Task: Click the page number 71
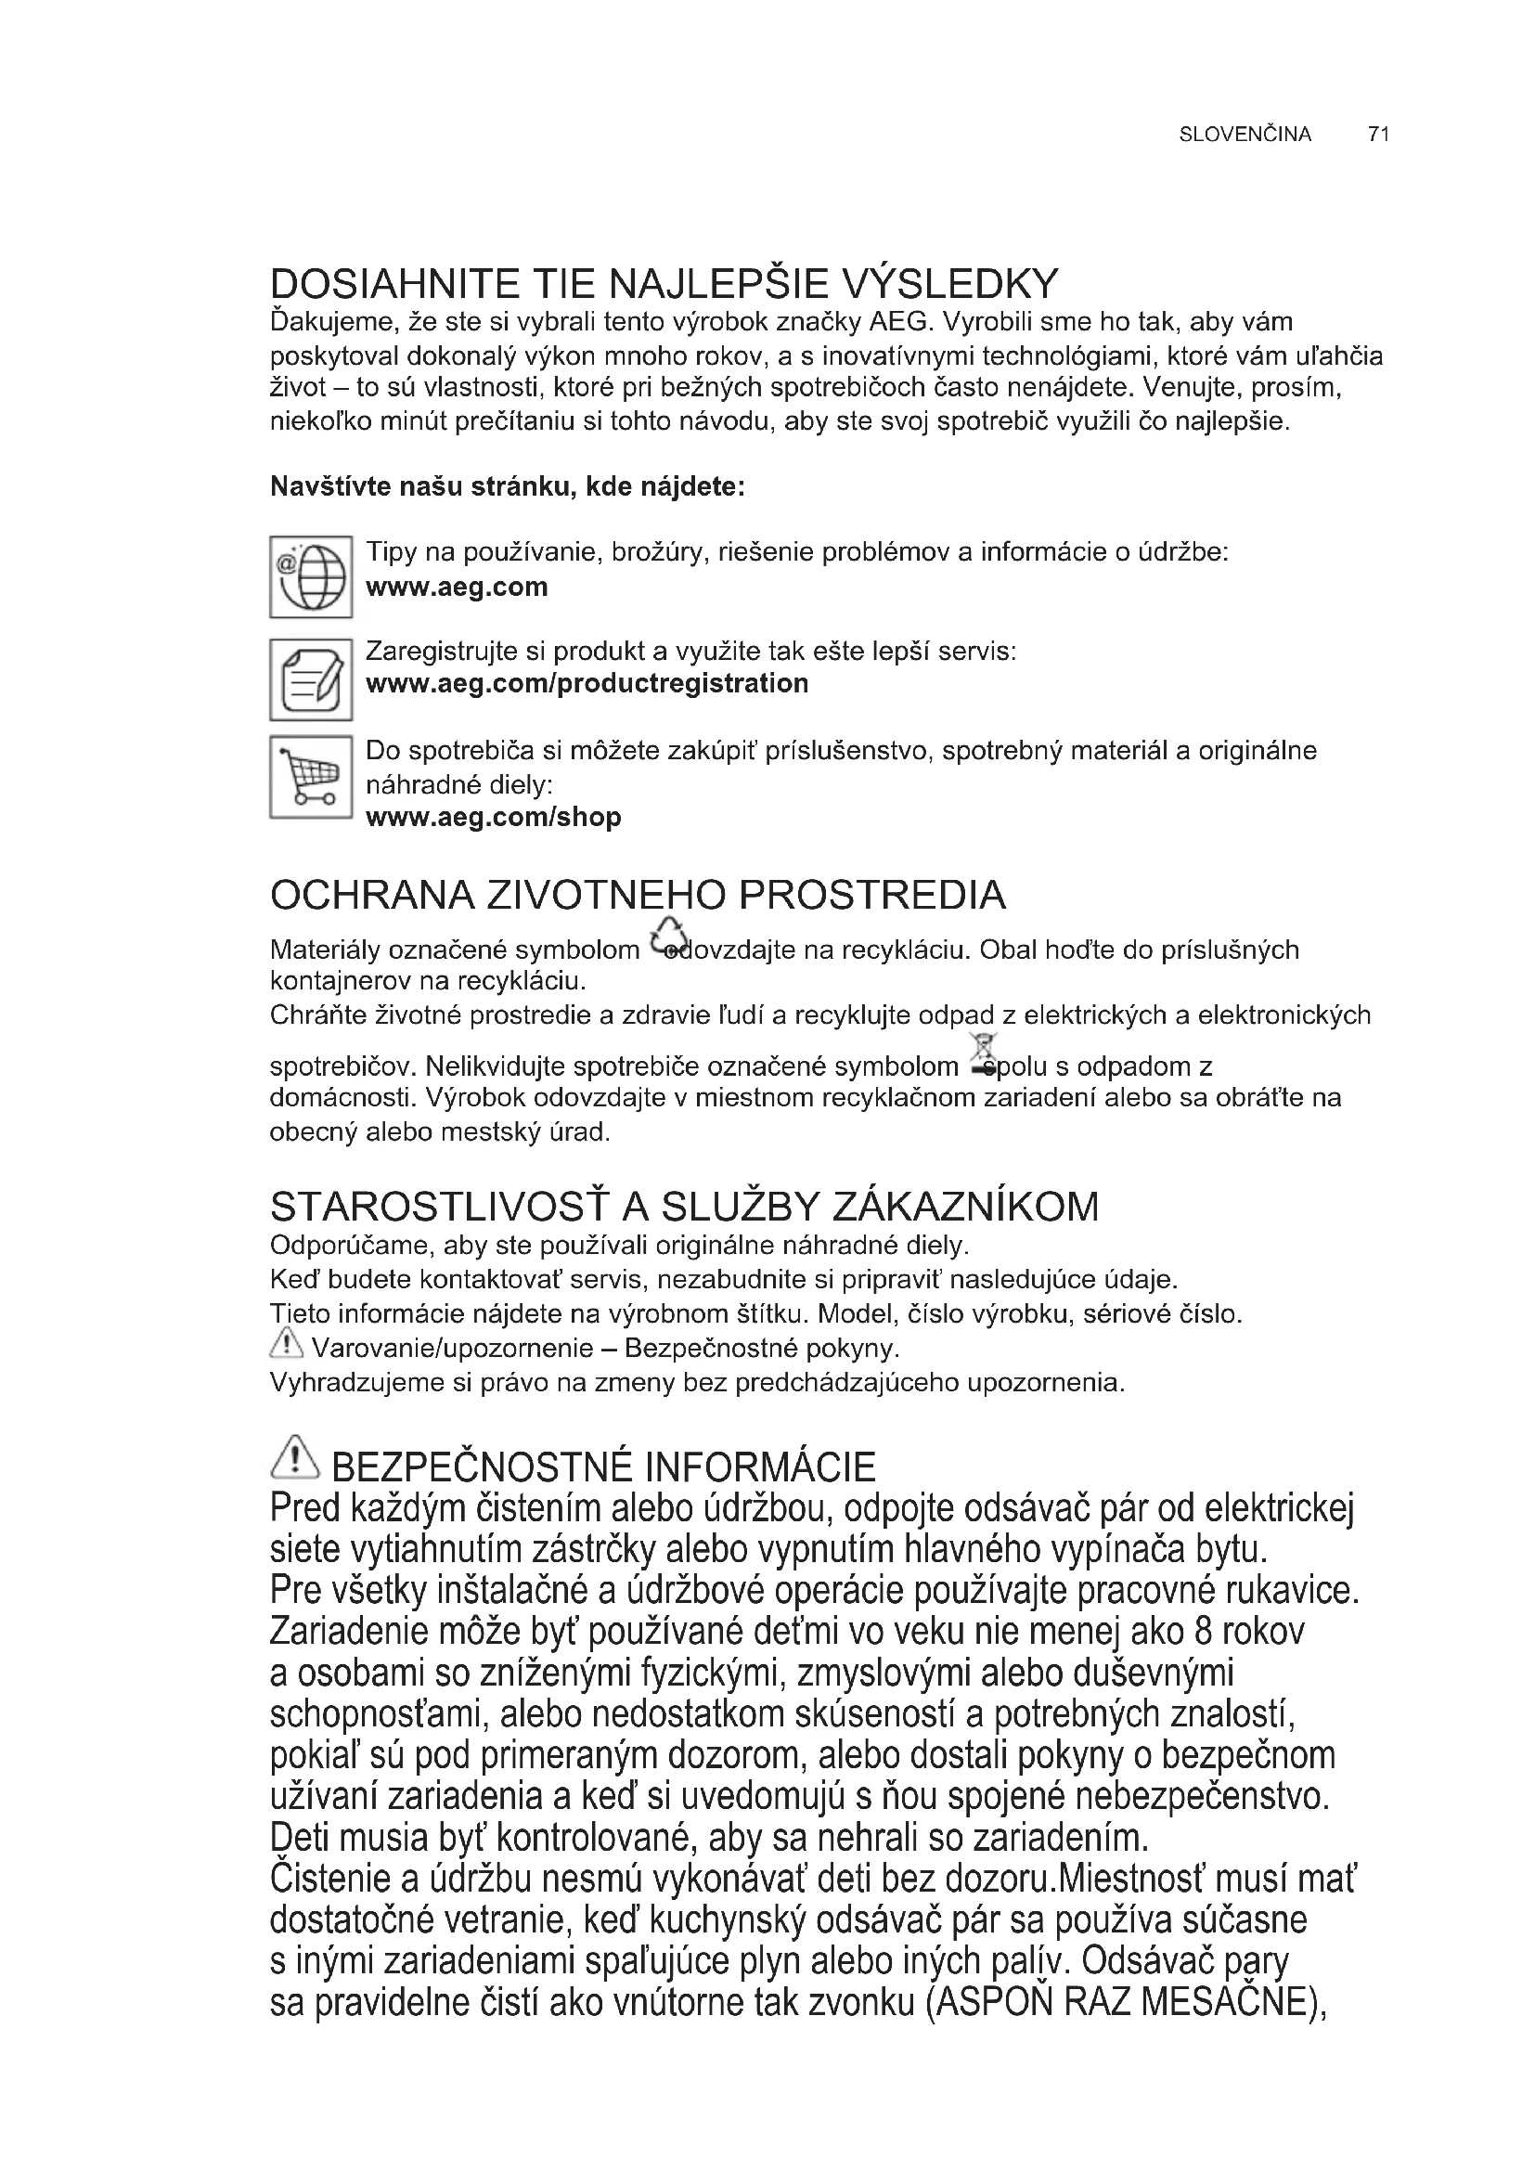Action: tap(1377, 135)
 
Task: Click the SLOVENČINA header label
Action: tap(1245, 135)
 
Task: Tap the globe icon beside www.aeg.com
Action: tap(311, 576)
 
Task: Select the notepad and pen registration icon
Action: tap(311, 678)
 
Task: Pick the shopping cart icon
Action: tap(311, 777)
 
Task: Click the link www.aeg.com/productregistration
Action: tap(587, 684)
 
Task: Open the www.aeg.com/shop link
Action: tap(494, 817)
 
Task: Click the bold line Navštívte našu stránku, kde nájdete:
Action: tap(508, 487)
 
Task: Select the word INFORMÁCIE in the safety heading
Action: tap(760, 1467)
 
